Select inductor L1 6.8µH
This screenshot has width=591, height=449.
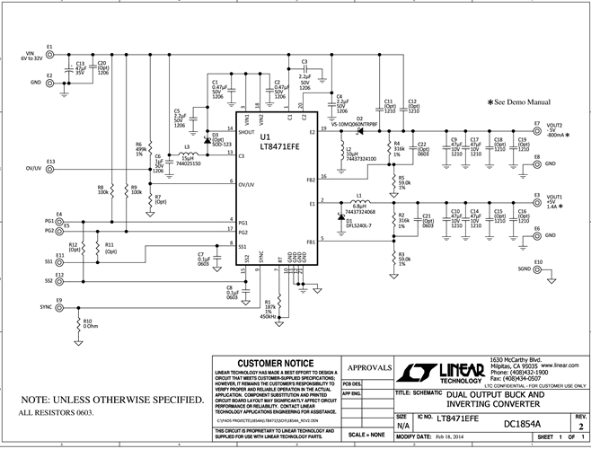[x=358, y=204]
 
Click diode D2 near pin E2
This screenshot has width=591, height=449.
[x=358, y=131]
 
